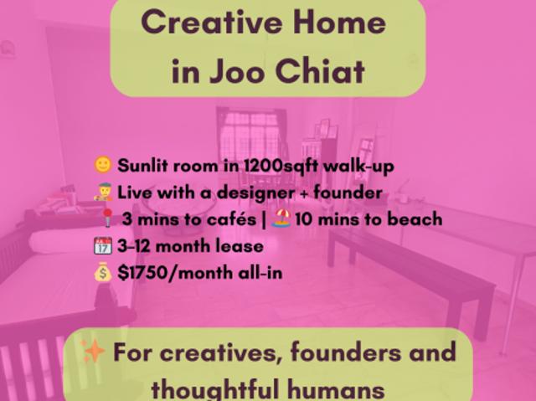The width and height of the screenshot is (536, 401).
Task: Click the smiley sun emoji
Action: point(104,165)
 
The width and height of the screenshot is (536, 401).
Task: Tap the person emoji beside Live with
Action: point(104,193)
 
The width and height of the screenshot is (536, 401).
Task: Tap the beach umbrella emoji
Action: point(282,219)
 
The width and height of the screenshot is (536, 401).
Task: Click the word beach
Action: point(414,219)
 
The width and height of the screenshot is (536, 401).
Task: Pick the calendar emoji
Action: point(104,246)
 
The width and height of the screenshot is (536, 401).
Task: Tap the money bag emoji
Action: point(104,272)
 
